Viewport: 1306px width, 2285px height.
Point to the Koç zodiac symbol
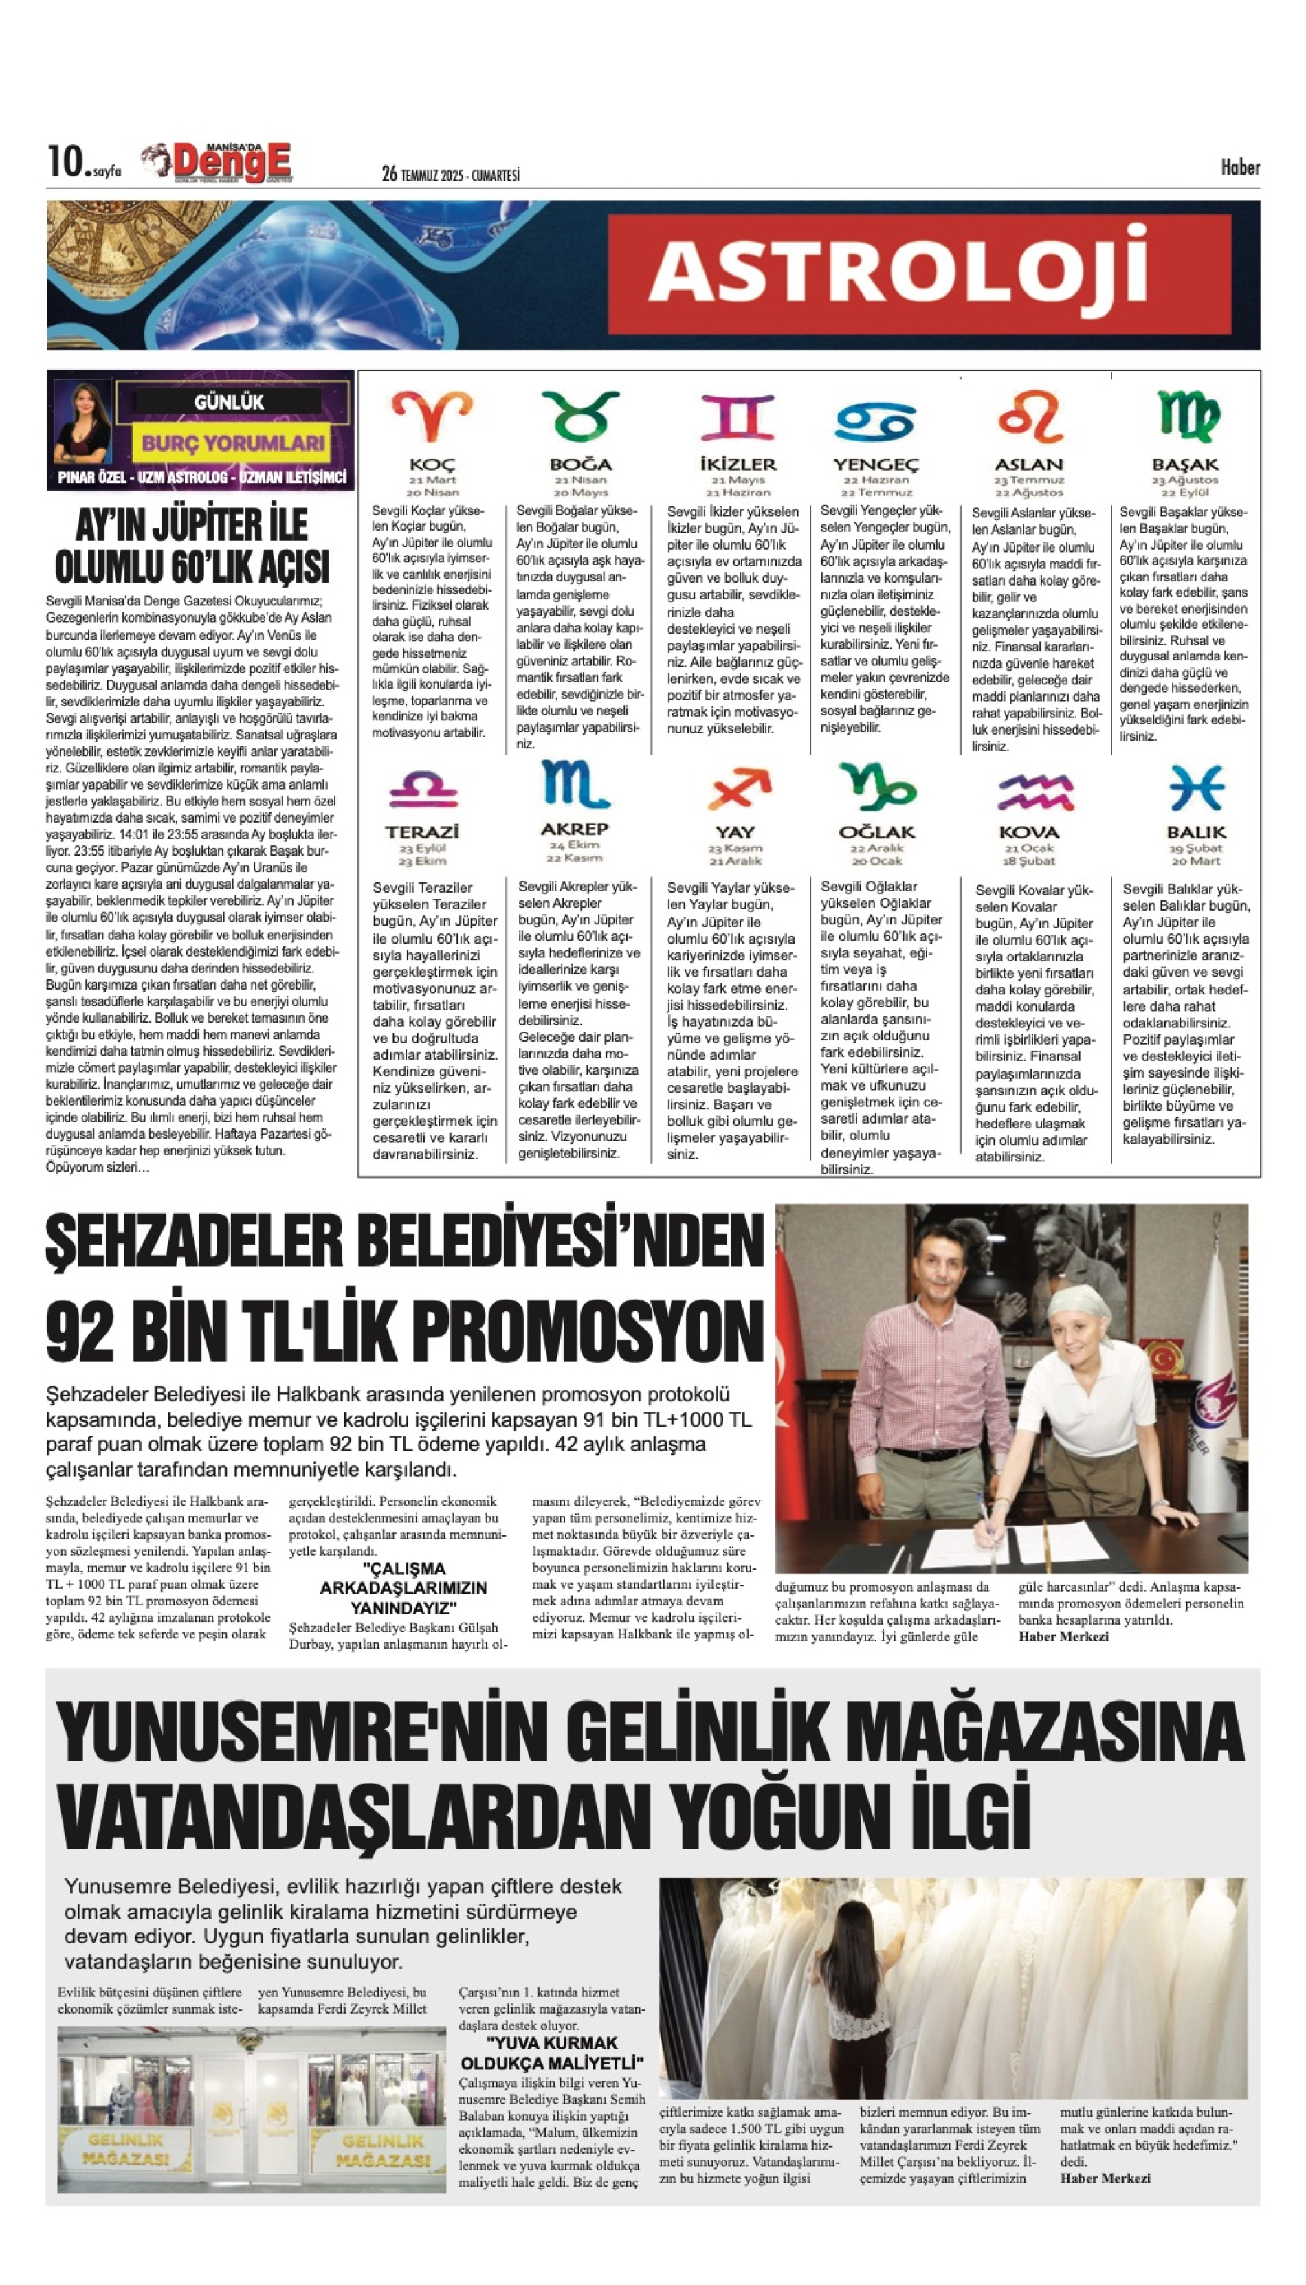click(432, 415)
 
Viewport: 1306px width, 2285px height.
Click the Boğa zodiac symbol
click(580, 416)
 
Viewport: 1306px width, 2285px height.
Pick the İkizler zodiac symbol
click(738, 417)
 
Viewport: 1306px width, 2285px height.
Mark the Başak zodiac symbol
click(1186, 416)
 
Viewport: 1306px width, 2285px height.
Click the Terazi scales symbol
click(423, 789)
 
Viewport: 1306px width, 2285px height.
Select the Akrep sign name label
click(574, 829)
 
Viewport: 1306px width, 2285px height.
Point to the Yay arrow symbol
click(738, 789)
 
